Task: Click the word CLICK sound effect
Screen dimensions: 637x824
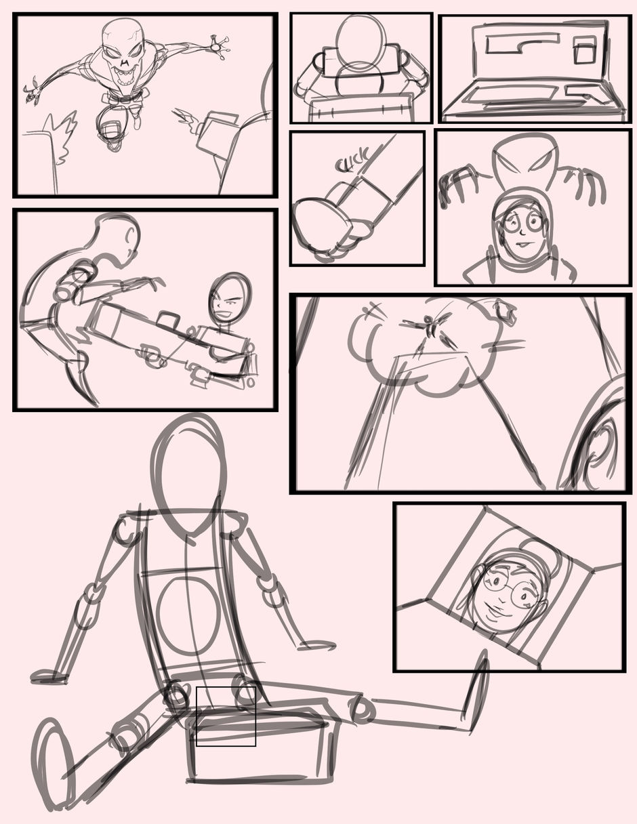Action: pyautogui.click(x=352, y=160)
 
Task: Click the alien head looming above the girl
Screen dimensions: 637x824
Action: pyautogui.click(x=525, y=161)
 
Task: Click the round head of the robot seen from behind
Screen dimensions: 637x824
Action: pyautogui.click(x=361, y=43)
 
